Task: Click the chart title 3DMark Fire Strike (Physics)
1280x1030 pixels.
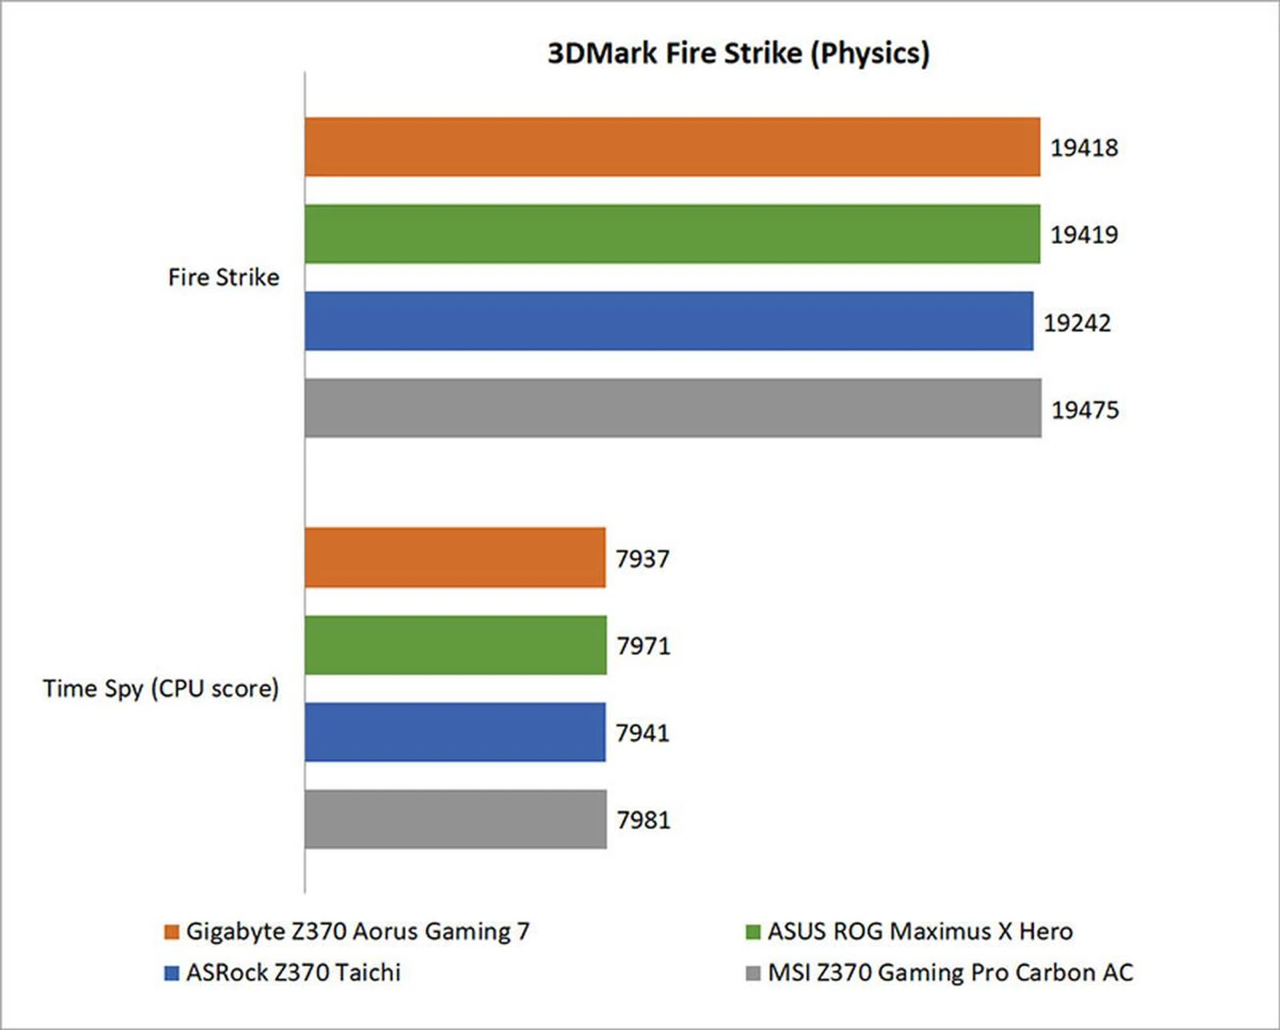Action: [738, 53]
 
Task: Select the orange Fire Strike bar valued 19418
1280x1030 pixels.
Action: [672, 147]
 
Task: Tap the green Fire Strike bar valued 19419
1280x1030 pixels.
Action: [672, 234]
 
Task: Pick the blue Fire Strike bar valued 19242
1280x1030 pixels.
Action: [669, 321]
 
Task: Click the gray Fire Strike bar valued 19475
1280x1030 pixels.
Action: [673, 408]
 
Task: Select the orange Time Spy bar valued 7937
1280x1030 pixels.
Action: [455, 558]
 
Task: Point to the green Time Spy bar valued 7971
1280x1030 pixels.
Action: [456, 645]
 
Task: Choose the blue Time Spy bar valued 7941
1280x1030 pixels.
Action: [455, 732]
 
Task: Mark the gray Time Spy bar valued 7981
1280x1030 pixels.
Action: [456, 819]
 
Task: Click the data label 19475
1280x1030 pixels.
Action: [1085, 410]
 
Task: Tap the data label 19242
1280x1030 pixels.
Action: [1077, 323]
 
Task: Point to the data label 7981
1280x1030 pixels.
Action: [643, 820]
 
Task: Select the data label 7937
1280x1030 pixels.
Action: [642, 559]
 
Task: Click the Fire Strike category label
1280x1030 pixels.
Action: [223, 277]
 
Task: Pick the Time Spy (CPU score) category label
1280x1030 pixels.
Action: [161, 688]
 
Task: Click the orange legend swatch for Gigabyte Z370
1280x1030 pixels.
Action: [171, 931]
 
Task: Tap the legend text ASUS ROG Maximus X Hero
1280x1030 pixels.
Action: [920, 931]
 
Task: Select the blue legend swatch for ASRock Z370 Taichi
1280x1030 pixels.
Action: [171, 973]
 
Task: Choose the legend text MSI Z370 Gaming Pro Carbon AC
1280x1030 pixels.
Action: [950, 973]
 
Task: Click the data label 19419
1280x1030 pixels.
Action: [1084, 235]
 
